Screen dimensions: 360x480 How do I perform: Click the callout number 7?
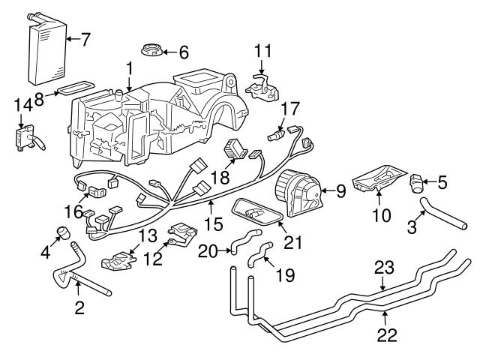(x=85, y=39)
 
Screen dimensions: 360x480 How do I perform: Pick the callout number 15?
(x=216, y=223)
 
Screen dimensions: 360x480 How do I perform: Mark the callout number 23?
(x=383, y=266)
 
